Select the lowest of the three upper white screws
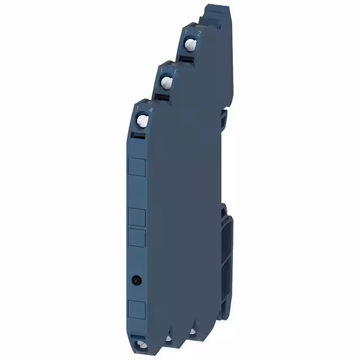point(143,120)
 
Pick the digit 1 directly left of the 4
point(137,107)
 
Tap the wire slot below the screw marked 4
point(138,136)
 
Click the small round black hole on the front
point(136,279)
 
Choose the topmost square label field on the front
point(138,167)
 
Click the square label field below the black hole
point(138,309)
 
